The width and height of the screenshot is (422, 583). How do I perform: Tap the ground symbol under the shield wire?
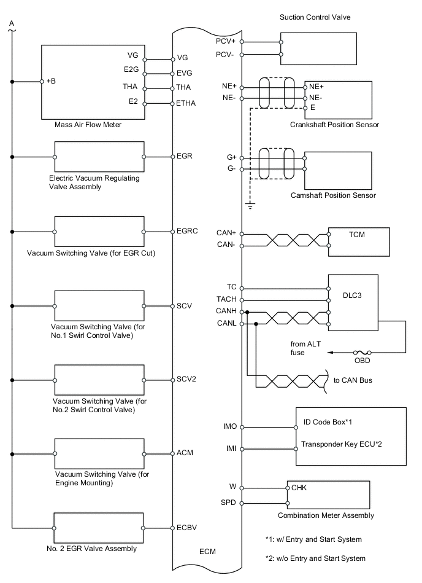(250, 205)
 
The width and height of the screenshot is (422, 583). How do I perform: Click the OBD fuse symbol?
(362, 353)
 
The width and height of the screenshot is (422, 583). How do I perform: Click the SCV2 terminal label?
(186, 379)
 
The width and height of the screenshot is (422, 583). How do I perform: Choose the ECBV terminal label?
(186, 527)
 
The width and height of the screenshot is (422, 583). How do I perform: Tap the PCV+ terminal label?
(225, 42)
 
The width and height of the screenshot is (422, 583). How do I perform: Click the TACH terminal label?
(226, 299)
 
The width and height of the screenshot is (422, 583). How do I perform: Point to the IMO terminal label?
(230, 425)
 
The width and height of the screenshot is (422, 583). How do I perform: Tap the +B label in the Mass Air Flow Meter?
(51, 81)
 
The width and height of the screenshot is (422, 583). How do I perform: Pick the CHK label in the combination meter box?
(299, 488)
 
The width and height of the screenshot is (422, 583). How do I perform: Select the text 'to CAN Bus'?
(353, 380)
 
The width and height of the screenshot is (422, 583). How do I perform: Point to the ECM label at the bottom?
(208, 551)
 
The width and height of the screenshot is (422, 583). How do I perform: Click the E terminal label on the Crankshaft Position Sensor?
(312, 108)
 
